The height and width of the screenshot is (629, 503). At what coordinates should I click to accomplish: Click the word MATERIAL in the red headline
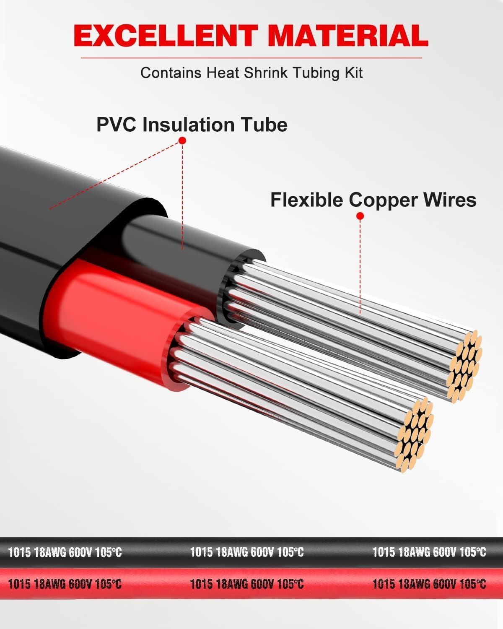pyautogui.click(x=347, y=36)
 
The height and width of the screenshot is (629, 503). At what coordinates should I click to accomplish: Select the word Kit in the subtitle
pyautogui.click(x=352, y=73)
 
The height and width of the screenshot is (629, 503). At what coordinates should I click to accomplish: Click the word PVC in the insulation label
pyautogui.click(x=117, y=125)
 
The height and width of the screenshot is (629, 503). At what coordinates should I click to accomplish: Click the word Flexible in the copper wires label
pyautogui.click(x=306, y=200)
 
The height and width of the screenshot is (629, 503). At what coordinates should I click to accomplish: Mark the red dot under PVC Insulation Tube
pyautogui.click(x=182, y=140)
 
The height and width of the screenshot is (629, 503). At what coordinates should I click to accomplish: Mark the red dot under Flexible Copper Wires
pyautogui.click(x=360, y=216)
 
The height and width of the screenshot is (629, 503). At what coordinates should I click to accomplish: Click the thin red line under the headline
pyautogui.click(x=251, y=57)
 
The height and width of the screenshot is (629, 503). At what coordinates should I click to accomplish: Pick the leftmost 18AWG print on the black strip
pyautogui.click(x=50, y=552)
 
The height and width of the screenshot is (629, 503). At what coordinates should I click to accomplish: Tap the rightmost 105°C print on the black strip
pyautogui.click(x=472, y=552)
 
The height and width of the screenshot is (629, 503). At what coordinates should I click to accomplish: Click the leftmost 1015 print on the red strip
pyautogui.click(x=19, y=584)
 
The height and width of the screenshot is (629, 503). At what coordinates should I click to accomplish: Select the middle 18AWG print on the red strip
pyautogui.click(x=232, y=584)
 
